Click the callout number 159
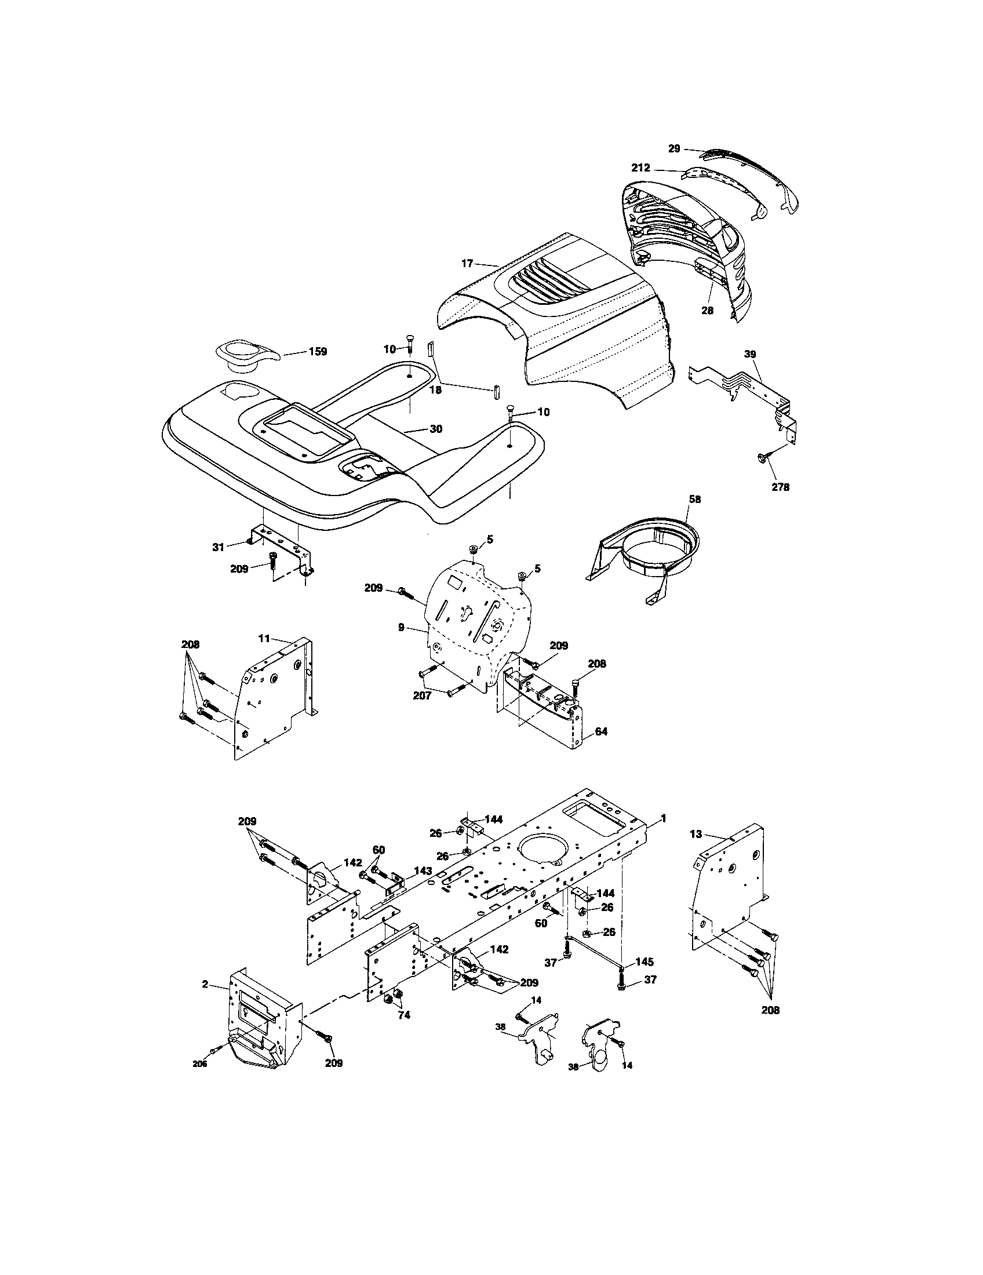(x=318, y=351)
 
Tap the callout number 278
(x=780, y=487)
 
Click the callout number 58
(x=694, y=499)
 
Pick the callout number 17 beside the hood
(x=467, y=263)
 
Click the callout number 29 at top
(x=674, y=149)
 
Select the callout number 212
(x=640, y=168)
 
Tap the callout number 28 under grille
(x=707, y=311)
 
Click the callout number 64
(x=601, y=731)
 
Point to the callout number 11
(x=264, y=638)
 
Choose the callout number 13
(x=695, y=835)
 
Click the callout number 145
(x=645, y=961)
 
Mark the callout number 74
(x=403, y=1015)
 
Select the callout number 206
(x=200, y=1063)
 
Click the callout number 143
(x=423, y=887)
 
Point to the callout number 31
(x=219, y=547)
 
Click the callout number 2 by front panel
(x=205, y=984)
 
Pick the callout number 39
(x=750, y=354)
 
